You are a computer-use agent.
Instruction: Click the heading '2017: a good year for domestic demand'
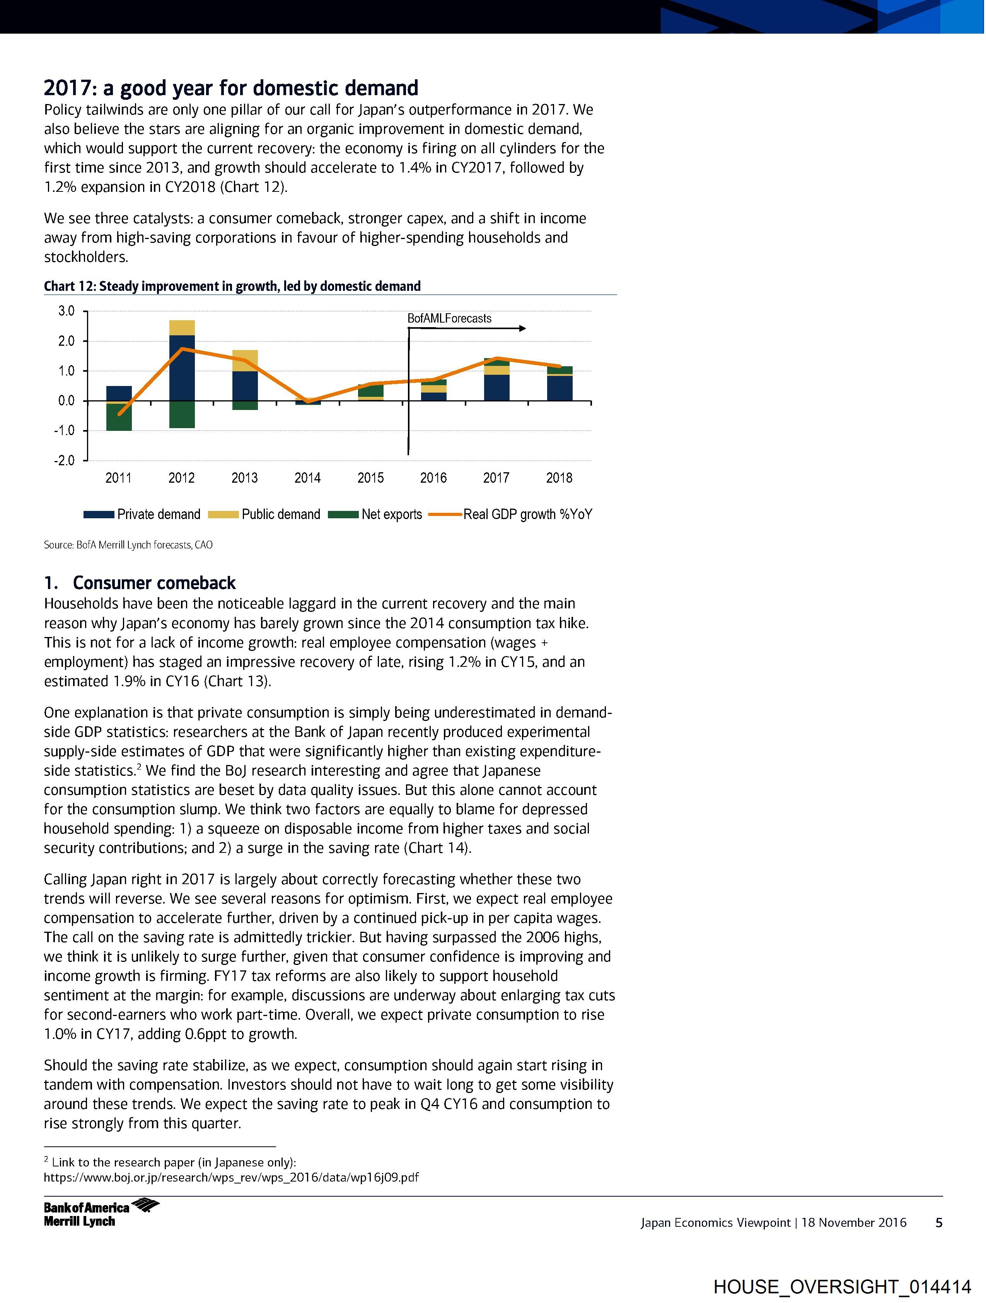point(231,88)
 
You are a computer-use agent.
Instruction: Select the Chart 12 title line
point(232,286)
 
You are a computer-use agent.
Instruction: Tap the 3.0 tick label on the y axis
point(67,311)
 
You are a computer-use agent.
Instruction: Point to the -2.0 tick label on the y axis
point(65,461)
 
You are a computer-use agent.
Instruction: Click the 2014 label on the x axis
point(307,478)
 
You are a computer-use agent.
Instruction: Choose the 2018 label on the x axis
point(559,478)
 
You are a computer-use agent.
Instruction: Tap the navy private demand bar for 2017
point(496,388)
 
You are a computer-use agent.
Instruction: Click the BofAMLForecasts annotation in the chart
point(449,319)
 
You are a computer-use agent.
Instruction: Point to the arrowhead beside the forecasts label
point(522,329)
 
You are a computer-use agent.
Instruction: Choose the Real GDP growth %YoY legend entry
point(510,514)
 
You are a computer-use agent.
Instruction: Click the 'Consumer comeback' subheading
point(154,583)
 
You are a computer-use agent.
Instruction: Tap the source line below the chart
point(128,545)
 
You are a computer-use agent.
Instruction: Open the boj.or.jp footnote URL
point(232,1178)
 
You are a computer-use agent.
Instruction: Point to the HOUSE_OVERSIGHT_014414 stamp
point(842,1286)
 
